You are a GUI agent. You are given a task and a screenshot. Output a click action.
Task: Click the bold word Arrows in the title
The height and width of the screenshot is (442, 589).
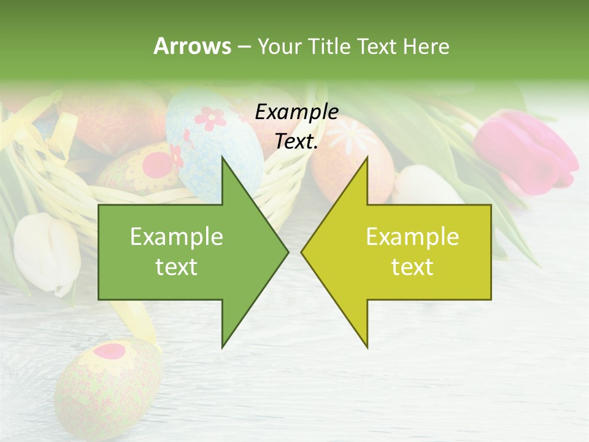(x=192, y=46)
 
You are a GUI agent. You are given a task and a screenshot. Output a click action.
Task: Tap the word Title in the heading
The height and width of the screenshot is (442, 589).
(x=329, y=46)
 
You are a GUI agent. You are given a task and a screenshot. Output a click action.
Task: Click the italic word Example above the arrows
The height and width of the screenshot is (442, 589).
(x=296, y=112)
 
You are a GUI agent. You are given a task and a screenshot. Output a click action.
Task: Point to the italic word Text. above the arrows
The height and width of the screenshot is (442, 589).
(x=296, y=142)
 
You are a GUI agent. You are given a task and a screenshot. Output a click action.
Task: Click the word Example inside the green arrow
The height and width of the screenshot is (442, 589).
(x=177, y=236)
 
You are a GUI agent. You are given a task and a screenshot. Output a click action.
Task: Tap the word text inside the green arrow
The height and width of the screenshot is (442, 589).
(x=177, y=267)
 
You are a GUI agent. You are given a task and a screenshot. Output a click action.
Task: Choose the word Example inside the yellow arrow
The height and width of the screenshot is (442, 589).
(x=412, y=236)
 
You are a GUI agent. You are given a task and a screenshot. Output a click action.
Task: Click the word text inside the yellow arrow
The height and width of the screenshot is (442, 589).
(x=412, y=267)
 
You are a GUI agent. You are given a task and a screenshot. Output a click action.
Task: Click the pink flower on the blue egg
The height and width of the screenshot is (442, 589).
(x=210, y=117)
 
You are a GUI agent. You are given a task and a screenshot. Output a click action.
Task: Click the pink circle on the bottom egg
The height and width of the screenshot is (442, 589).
(x=110, y=351)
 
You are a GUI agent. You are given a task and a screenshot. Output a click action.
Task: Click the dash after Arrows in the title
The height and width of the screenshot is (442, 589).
(x=244, y=46)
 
